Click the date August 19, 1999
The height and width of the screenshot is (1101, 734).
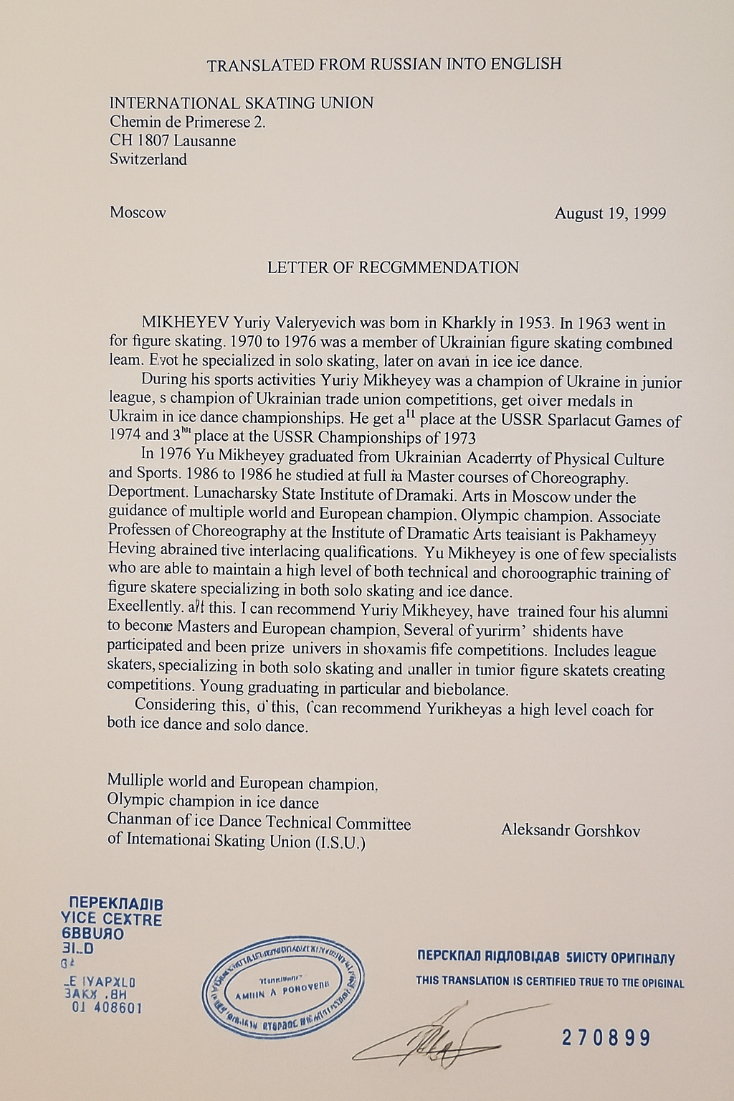pyautogui.click(x=610, y=214)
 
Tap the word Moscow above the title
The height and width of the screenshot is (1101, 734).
pyautogui.click(x=138, y=213)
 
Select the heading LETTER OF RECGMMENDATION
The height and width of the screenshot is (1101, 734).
pyautogui.click(x=393, y=268)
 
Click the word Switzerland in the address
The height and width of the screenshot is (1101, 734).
pyautogui.click(x=148, y=159)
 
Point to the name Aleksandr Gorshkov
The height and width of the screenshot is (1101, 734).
pyautogui.click(x=571, y=831)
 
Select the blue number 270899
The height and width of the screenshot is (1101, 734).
pyautogui.click(x=606, y=1037)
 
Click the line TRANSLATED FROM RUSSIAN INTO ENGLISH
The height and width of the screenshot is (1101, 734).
pyautogui.click(x=383, y=65)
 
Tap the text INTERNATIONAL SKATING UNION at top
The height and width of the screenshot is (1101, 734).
pyautogui.click(x=241, y=103)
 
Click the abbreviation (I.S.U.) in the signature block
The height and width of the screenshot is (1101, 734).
pyautogui.click(x=340, y=842)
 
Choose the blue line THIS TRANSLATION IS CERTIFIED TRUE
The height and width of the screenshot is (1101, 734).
pyautogui.click(x=550, y=982)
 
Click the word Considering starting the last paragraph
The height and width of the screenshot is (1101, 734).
pyautogui.click(x=176, y=705)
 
